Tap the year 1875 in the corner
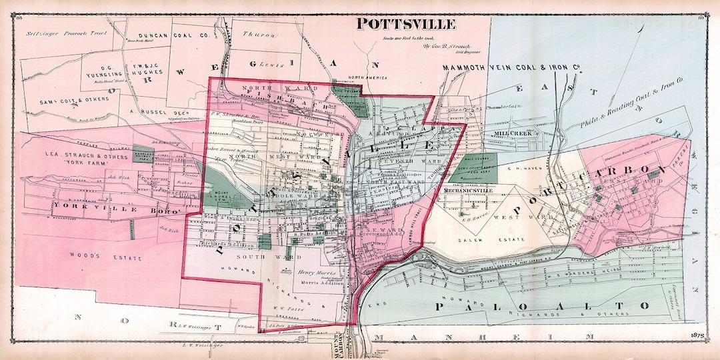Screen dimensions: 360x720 [x=698, y=333]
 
